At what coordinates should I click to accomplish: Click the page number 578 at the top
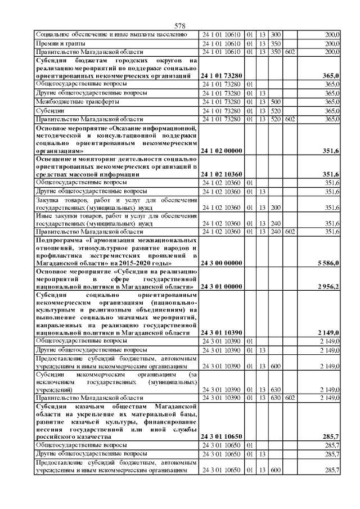pyautogui.click(x=180, y=26)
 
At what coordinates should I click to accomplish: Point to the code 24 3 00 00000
pyautogui.click(x=222, y=263)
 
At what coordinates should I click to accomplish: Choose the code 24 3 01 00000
pyautogui.click(x=222, y=287)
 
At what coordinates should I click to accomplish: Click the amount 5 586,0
pyautogui.click(x=327, y=263)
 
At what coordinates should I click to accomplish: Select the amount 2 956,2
pyautogui.click(x=327, y=287)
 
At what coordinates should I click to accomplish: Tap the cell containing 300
pyautogui.click(x=276, y=34)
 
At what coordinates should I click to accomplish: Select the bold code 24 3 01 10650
pyautogui.click(x=222, y=436)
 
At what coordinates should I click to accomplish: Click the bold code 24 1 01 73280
pyautogui.click(x=222, y=75)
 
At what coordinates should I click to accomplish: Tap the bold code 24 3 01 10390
pyautogui.click(x=222, y=332)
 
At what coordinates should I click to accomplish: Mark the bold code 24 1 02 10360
pyautogui.click(x=222, y=174)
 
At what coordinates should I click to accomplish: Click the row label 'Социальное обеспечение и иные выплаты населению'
pyautogui.click(x=107, y=34)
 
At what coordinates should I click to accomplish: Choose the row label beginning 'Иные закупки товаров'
pyautogui.click(x=116, y=219)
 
